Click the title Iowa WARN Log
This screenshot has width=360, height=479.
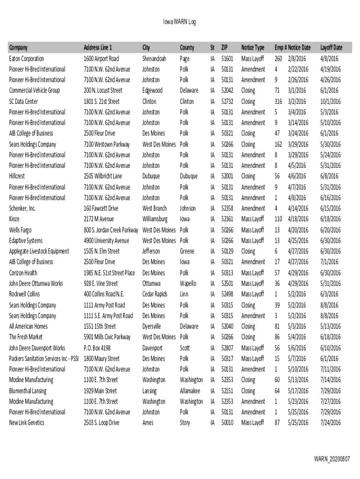pos(179,22)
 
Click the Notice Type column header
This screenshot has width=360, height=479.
pos(252,48)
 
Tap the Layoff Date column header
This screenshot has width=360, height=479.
pos(331,48)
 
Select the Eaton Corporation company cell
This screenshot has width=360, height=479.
pos(27,58)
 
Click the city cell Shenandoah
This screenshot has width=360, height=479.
pos(154,58)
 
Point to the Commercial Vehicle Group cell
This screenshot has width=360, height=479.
pos(35,90)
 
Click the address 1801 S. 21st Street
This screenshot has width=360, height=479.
pos(101,102)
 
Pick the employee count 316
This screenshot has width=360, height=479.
pos(278,102)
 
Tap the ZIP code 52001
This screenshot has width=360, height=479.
pos(227,176)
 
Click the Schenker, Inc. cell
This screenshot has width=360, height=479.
pos(22,208)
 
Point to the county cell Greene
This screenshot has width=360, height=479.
pos(187,251)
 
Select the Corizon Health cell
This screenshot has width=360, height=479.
pos(23,273)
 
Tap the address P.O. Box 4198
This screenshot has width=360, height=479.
pos(97,348)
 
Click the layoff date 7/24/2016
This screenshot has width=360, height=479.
pos(331,423)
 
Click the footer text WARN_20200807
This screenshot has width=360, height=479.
pos(331,459)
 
